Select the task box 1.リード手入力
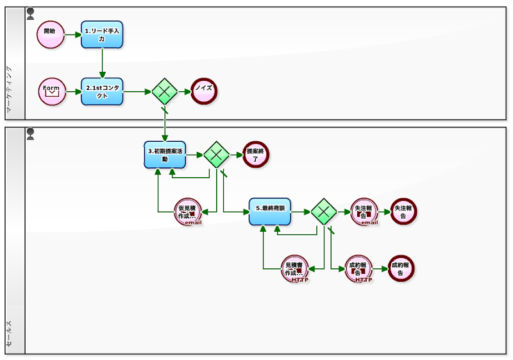(x=101, y=34)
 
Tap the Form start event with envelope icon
(x=52, y=91)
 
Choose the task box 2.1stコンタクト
(x=101, y=91)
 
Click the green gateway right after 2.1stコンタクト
(x=165, y=91)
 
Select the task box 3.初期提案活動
(x=165, y=154)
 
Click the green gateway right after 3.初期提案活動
(x=217, y=154)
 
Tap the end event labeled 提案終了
(x=256, y=154)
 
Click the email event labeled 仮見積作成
(x=189, y=212)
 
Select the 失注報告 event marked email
(x=364, y=212)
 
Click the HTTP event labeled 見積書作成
(x=295, y=269)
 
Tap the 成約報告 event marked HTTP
(x=358, y=269)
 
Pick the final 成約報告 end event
(x=401, y=269)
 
